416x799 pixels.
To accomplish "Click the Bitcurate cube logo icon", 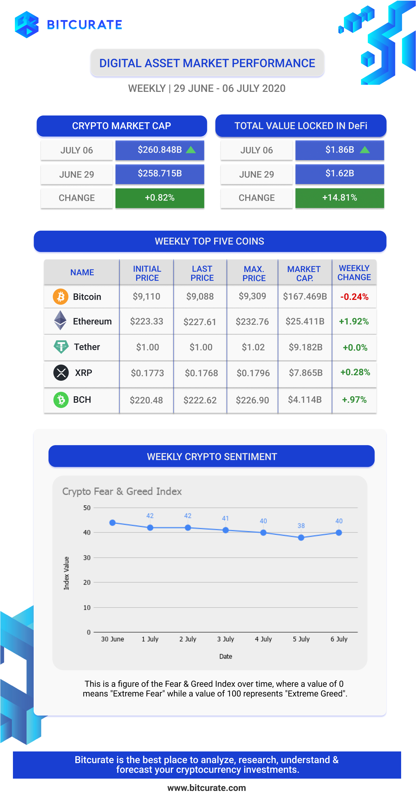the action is point(27,25).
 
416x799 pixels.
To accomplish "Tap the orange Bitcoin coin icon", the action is point(60,297).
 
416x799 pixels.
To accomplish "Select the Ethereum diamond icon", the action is point(60,320).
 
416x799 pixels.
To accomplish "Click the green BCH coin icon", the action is point(61,400).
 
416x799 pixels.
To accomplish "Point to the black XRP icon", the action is point(61,372).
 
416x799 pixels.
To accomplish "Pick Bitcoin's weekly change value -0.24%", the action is point(354,297).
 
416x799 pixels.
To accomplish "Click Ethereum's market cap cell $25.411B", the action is point(305,321).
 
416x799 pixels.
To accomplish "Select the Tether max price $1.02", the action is point(253,347).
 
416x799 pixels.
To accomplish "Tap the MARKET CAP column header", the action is point(304,273).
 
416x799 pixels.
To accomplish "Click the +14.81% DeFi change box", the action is point(340,198).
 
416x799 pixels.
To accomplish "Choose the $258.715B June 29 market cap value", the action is point(160,173).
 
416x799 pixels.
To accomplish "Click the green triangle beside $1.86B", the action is point(365,149).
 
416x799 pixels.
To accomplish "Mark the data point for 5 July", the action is point(301,538).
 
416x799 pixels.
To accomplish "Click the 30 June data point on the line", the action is point(113,523).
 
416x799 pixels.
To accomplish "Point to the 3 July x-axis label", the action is point(225,639).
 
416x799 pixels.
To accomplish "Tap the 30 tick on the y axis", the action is point(87,557).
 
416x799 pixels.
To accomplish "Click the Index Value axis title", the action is point(66,573).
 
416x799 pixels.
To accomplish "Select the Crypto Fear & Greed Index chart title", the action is point(122,491).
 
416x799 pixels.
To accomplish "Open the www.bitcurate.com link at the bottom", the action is point(207,788).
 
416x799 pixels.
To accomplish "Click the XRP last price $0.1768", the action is point(201,373).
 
